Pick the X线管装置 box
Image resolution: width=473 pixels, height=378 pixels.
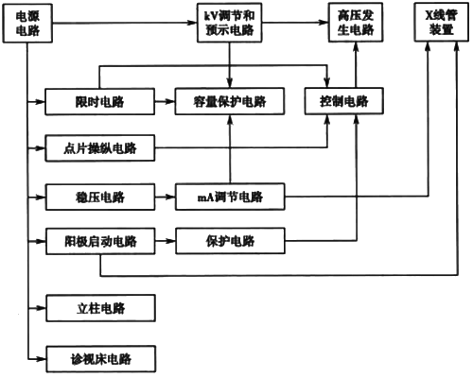coord(436,24)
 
